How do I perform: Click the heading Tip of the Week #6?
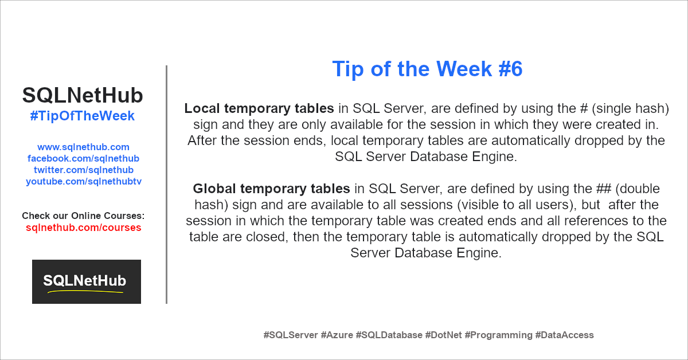pos(427,69)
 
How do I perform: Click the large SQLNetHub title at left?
pos(83,95)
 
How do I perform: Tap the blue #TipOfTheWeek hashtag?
pos(83,116)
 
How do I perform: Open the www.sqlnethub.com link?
pos(83,147)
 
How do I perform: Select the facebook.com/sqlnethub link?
pos(83,158)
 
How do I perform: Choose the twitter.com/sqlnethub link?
pos(84,170)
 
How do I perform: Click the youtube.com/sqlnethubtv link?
pos(84,182)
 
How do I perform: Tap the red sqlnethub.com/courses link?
pos(84,228)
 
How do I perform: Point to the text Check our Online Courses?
pos(83,216)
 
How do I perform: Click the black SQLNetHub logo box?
pos(87,281)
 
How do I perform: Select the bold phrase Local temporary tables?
pos(259,109)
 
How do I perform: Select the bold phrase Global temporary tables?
pos(271,189)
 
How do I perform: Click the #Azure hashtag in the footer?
pos(337,335)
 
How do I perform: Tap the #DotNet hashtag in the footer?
pos(443,335)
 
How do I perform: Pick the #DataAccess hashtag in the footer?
pos(565,335)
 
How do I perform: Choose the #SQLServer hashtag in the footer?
pos(291,335)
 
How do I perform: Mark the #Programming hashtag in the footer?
pos(498,335)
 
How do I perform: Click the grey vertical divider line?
pos(166,185)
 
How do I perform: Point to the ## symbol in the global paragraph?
pos(604,189)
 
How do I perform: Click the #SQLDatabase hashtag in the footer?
pos(389,335)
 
